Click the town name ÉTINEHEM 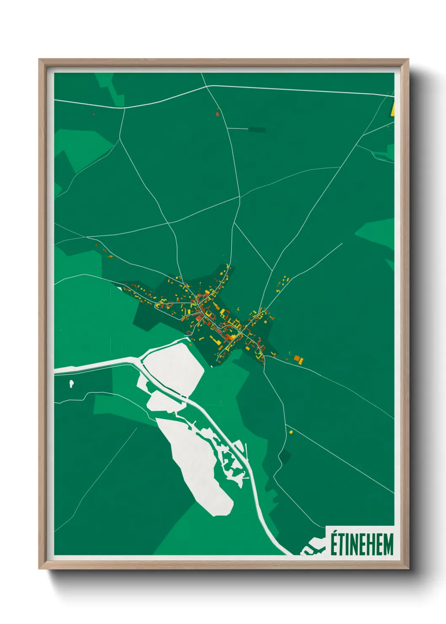pyautogui.click(x=362, y=544)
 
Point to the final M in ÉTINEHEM pyautogui.click(x=388, y=545)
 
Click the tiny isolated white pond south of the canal pyautogui.click(x=72, y=384)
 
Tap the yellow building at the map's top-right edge pyautogui.click(x=392, y=109)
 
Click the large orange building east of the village pyautogui.click(x=298, y=359)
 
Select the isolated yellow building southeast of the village pyautogui.click(x=290, y=432)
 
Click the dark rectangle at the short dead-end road pyautogui.click(x=257, y=129)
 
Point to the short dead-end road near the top pyautogui.click(x=238, y=128)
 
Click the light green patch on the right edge pyautogui.click(x=377, y=230)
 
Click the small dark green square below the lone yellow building pyautogui.click(x=286, y=456)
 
